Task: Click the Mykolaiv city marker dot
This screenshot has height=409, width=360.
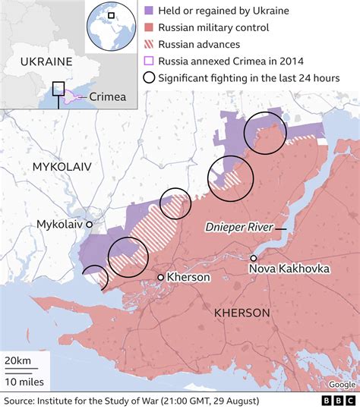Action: (x=89, y=225)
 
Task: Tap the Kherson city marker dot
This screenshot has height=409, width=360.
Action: (x=160, y=277)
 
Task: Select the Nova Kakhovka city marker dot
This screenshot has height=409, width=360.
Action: (x=253, y=258)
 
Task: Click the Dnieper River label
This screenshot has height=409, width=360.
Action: (x=239, y=228)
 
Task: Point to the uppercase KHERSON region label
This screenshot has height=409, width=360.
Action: (x=242, y=313)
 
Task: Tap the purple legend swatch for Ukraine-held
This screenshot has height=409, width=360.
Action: (x=150, y=11)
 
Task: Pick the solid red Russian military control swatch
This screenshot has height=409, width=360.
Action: (x=150, y=28)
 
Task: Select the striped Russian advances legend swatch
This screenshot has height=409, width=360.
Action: (x=150, y=44)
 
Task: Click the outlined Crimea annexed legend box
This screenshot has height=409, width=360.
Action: (x=150, y=61)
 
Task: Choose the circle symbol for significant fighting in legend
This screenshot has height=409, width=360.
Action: (x=150, y=78)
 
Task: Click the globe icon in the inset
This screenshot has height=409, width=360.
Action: (x=106, y=24)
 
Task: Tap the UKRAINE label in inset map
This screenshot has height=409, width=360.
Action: (x=46, y=61)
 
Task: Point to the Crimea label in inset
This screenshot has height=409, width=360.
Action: (x=107, y=96)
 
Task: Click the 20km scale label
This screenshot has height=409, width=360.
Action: (x=17, y=359)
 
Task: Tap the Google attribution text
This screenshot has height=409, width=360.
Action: (x=341, y=384)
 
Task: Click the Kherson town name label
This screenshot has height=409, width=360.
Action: (x=188, y=277)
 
